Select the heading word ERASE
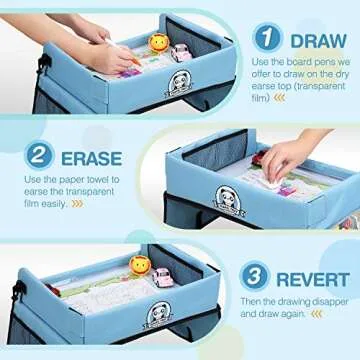(x=92, y=157)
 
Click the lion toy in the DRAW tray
(x=157, y=44)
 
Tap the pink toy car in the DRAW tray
(x=181, y=52)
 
